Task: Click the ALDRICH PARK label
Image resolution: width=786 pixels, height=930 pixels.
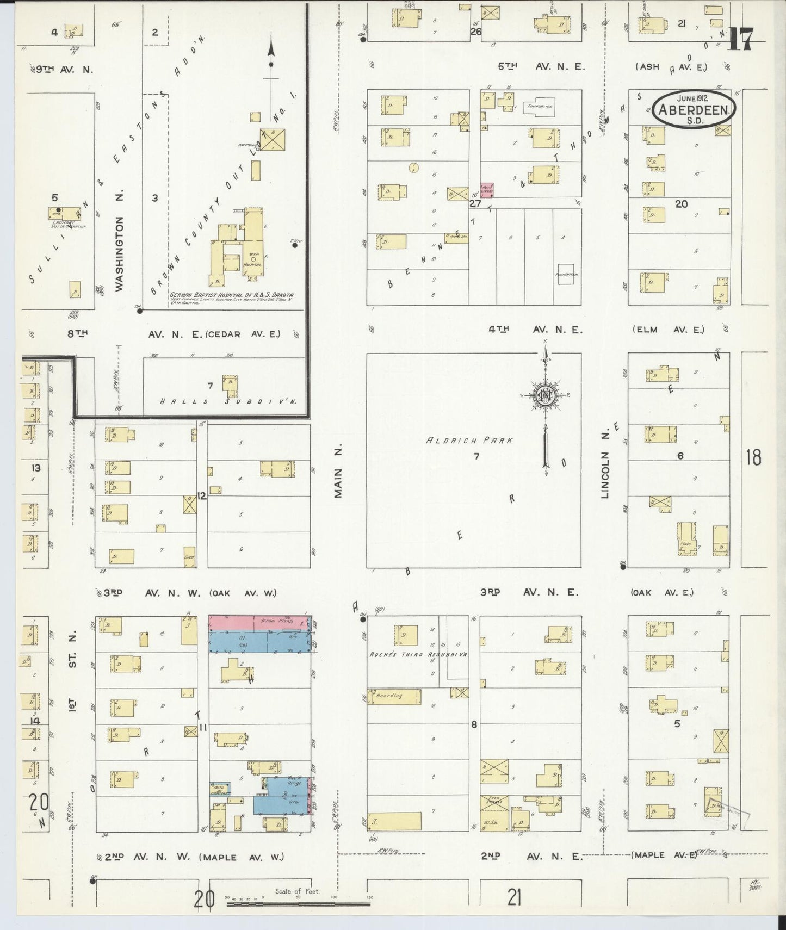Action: (468, 441)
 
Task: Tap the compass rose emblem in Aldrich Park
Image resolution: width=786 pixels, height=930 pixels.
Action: (544, 395)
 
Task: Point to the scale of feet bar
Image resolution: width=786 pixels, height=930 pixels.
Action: (298, 904)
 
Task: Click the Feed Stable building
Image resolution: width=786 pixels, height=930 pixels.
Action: (494, 803)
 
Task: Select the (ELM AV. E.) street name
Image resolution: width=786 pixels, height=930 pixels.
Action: (669, 330)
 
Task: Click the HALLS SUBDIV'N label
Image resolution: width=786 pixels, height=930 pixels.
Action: (228, 402)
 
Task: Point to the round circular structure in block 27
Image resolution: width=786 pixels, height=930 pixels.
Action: (413, 167)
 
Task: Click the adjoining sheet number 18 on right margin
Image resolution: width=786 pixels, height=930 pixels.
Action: (753, 458)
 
